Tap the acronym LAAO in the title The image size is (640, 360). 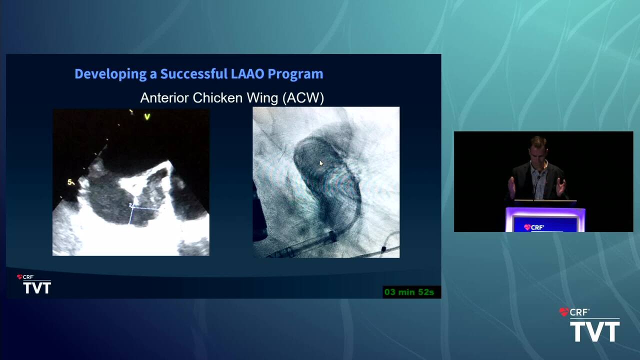[247, 73]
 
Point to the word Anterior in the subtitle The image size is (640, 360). [164, 98]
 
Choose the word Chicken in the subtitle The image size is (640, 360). [217, 98]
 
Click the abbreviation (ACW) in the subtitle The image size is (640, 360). [303, 98]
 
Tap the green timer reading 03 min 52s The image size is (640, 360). [409, 292]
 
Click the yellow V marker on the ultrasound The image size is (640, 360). [147, 116]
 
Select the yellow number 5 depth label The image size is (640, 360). [70, 182]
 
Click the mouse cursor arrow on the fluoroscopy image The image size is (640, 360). [321, 163]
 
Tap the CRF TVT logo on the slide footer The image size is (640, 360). [34, 284]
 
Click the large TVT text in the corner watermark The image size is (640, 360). [595, 331]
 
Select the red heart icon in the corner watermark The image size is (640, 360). [563, 312]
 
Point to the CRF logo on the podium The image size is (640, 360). [534, 227]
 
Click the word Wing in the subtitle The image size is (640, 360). [262, 98]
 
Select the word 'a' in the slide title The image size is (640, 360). [153, 75]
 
